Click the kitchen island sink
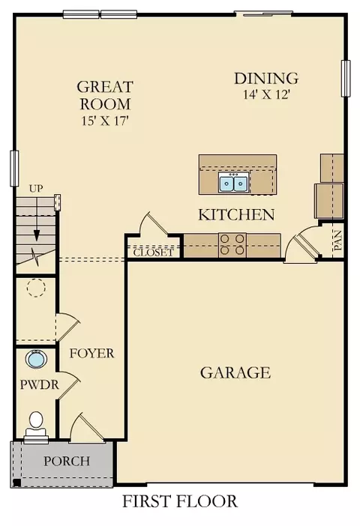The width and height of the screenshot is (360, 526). [234, 182]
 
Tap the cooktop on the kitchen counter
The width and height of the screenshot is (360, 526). [232, 245]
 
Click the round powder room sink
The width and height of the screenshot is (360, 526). [36, 359]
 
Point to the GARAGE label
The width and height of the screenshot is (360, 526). [235, 372]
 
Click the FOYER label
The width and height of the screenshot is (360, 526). [91, 353]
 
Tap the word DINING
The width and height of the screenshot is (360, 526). [266, 78]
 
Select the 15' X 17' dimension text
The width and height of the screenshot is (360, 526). [106, 121]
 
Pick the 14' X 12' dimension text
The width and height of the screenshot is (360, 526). [266, 95]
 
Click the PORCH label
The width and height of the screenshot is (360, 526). [67, 461]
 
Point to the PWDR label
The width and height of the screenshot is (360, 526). [39, 384]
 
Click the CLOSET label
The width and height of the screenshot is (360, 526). [154, 253]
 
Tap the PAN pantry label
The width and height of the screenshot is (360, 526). [337, 241]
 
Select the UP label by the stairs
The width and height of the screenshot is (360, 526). [36, 189]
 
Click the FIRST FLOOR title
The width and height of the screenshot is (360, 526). [180, 501]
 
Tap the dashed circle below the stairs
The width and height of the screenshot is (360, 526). [36, 288]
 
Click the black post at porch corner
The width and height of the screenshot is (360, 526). [16, 483]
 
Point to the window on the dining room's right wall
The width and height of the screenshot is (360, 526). [346, 79]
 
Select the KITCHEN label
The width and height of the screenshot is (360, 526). [236, 215]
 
